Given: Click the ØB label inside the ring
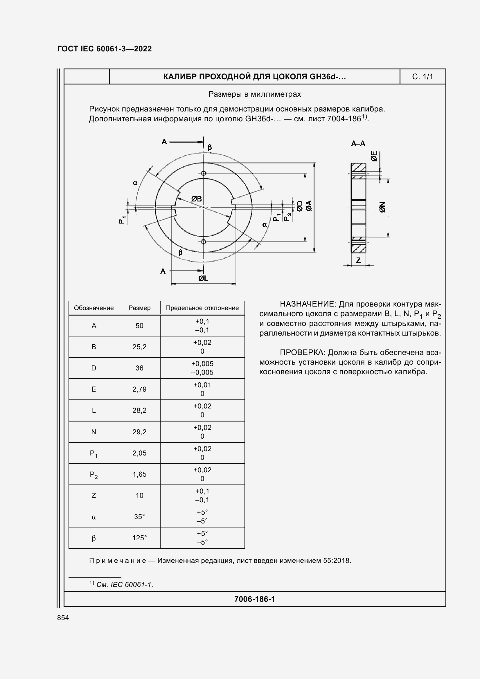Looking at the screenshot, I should [x=196, y=199].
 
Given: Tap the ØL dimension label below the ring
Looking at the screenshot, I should [x=203, y=278].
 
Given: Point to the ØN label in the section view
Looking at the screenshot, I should [x=382, y=207].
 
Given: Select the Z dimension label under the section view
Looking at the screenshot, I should [x=358, y=260].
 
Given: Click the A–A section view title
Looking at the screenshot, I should [x=358, y=144].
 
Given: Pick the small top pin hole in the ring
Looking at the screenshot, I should [x=204, y=173].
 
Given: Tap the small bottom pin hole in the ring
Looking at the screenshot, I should [x=204, y=242].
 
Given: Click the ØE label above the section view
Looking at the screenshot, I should [x=374, y=156].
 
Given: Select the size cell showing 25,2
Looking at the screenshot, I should [x=139, y=347].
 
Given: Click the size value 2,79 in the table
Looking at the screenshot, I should [x=139, y=389].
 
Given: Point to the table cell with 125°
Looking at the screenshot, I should [x=139, y=538].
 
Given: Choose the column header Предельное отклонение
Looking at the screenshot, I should [x=202, y=308].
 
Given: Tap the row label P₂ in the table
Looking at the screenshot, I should [x=94, y=475].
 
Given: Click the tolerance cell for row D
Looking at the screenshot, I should [x=202, y=368].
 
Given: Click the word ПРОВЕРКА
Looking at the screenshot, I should [x=302, y=352].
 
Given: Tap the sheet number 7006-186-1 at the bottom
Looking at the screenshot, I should [x=254, y=599].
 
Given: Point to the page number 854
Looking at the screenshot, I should [x=63, y=618].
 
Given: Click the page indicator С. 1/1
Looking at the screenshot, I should [x=422, y=77].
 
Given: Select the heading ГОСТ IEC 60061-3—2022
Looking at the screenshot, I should [x=105, y=49].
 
